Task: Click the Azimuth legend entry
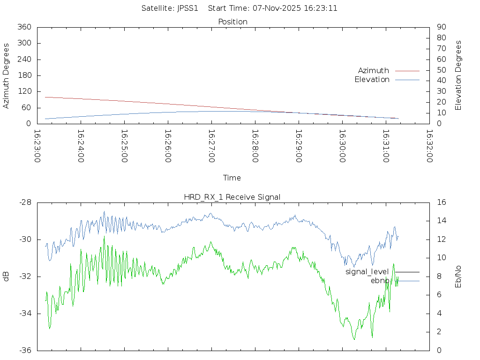pyautogui.click(x=374, y=71)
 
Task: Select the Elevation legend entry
pyautogui.click(x=372, y=80)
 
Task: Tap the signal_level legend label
pyautogui.click(x=367, y=272)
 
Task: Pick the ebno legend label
pyautogui.click(x=380, y=281)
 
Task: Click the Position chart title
pyautogui.click(x=233, y=22)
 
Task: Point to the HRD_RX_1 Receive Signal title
pyautogui.click(x=232, y=197)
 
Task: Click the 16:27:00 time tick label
pyautogui.click(x=211, y=147)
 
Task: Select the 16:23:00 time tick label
pyautogui.click(x=37, y=147)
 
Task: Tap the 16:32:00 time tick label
pyautogui.click(x=429, y=147)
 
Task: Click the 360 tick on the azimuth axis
pyautogui.click(x=24, y=27)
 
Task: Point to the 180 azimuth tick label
pyautogui.click(x=24, y=75)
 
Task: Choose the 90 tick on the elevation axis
pyautogui.click(x=441, y=27)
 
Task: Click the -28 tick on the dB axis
pyautogui.click(x=25, y=202)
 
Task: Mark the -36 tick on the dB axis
pyautogui.click(x=25, y=350)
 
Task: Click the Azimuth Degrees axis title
pyautogui.click(x=7, y=75)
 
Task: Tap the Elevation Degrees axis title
pyautogui.click(x=458, y=75)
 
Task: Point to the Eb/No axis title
pyautogui.click(x=458, y=276)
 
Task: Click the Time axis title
pyautogui.click(x=232, y=178)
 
